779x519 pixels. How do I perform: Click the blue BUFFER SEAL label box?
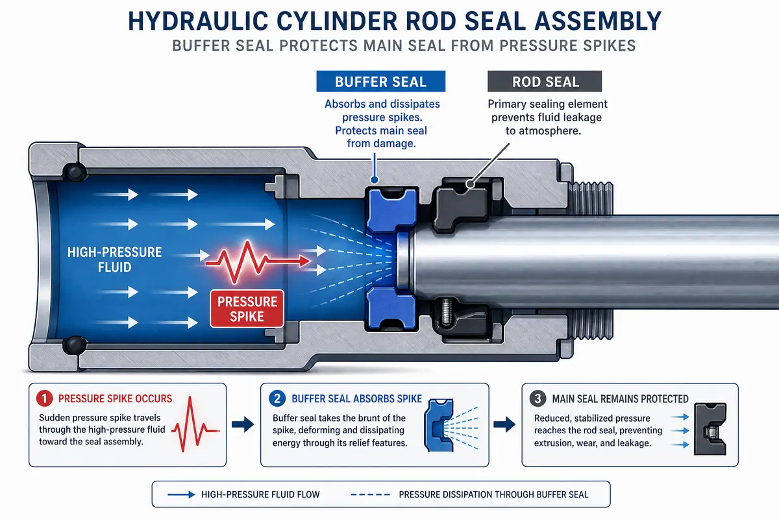coord(381,81)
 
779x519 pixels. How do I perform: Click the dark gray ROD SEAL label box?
coord(545,81)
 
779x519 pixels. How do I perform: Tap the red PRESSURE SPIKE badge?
coord(247,309)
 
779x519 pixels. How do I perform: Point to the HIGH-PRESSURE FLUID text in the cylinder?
coord(114,259)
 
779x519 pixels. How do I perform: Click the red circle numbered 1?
coord(45,398)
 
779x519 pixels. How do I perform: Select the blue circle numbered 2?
coord(277,398)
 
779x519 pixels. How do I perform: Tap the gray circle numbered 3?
coord(538,398)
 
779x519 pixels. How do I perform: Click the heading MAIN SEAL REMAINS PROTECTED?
coord(620,399)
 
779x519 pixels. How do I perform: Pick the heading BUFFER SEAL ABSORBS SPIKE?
coord(357,399)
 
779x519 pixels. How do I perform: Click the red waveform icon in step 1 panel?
coord(196,424)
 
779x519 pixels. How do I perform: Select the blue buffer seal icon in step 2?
coord(439,425)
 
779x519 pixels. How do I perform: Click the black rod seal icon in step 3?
coord(710,429)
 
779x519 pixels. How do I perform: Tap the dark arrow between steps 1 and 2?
coord(243,424)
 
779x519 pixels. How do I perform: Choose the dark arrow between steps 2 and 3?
coord(504,424)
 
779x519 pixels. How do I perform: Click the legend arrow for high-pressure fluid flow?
coord(181,494)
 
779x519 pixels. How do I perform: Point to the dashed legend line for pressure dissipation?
coord(371,494)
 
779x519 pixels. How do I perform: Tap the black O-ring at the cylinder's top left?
coord(75,172)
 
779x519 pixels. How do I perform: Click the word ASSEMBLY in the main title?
coord(598,21)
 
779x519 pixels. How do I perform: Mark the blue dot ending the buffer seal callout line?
coord(375,180)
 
